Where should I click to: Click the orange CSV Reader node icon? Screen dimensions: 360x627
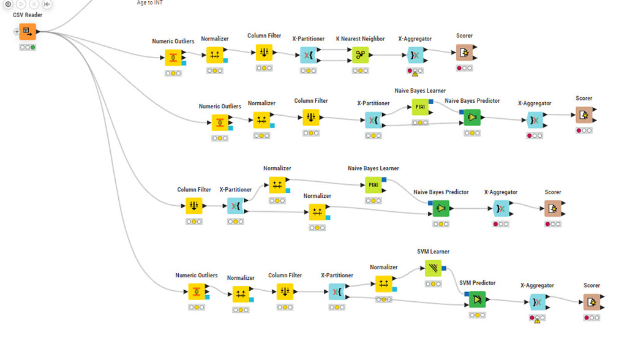pos(28,31)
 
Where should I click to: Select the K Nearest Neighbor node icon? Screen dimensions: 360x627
pos(360,55)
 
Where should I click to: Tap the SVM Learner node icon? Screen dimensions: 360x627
pos(434,268)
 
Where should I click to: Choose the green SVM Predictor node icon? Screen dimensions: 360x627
pos(477,299)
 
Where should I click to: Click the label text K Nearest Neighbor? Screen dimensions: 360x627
pos(360,39)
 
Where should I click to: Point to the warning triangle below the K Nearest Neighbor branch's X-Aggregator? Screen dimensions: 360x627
pos(415,73)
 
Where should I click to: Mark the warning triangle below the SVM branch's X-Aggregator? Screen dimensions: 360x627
pos(537,320)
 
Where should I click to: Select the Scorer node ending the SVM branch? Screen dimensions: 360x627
pos(591,302)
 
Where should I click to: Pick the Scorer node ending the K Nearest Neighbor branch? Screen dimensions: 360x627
pos(464,53)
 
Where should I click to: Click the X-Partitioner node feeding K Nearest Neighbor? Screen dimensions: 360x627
pos(309,56)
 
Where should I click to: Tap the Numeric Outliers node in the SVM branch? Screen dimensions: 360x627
pos(197,291)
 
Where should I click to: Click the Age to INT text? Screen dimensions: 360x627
pos(149,3)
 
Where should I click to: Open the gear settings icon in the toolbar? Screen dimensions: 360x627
pos(8,4)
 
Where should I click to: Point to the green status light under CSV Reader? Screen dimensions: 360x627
pos(33,47)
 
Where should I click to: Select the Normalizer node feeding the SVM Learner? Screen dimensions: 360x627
pos(384,283)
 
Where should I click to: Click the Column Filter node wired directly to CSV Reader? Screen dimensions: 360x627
pos(194,206)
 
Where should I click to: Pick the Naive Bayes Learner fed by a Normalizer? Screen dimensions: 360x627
pos(374,185)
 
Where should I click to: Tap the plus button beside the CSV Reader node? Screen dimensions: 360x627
pos(17,32)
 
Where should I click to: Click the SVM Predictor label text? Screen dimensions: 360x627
pos(477,283)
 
